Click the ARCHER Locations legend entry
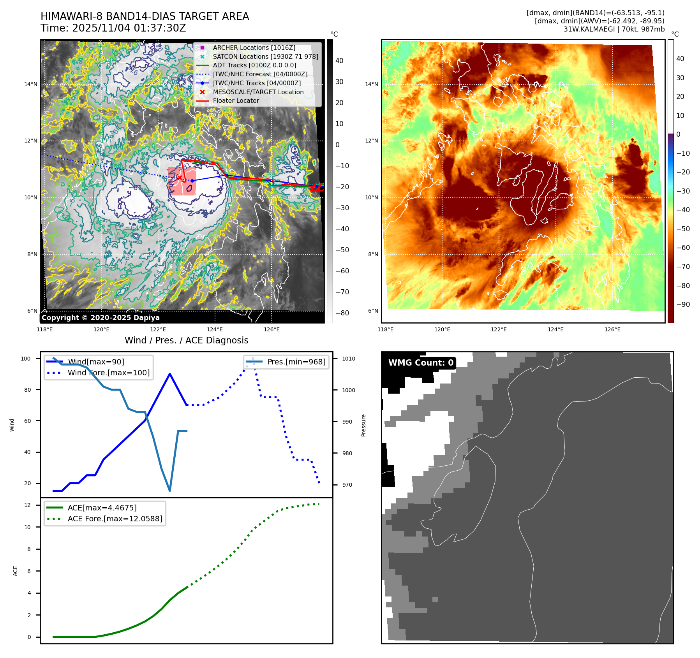[x=254, y=48]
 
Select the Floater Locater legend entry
[x=236, y=101]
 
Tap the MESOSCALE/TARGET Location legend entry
[x=258, y=92]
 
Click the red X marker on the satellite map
[x=180, y=178]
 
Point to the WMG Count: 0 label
[x=421, y=363]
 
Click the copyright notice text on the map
[x=101, y=318]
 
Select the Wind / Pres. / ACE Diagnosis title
[x=186, y=340]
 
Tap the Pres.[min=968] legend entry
[x=296, y=362]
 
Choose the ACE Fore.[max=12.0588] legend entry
[x=115, y=519]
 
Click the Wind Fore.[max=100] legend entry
[x=108, y=373]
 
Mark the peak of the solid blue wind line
[x=170, y=374]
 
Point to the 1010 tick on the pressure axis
[x=349, y=359]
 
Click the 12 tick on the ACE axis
[x=27, y=505]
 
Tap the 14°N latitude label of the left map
[x=31, y=84]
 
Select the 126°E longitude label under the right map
[x=612, y=329]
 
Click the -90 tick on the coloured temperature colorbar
[x=683, y=304]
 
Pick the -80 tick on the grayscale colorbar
[x=342, y=313]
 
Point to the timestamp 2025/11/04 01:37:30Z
[x=129, y=28]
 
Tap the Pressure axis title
[x=363, y=425]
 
